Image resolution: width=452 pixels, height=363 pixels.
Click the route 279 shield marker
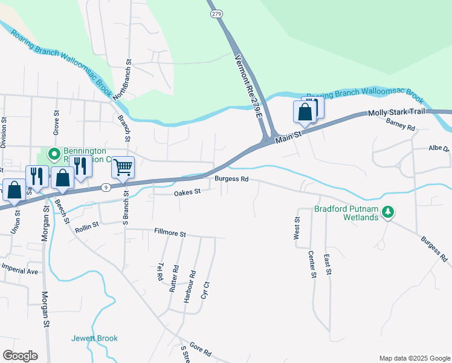[x=215, y=15]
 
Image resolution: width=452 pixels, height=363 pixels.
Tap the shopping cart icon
[x=123, y=166]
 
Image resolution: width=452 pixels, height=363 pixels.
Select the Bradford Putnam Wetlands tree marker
[x=389, y=212]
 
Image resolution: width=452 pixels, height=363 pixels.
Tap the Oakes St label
[x=187, y=192]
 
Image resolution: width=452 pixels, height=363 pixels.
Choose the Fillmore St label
[x=170, y=232]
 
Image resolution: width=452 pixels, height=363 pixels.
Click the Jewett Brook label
[x=94, y=338]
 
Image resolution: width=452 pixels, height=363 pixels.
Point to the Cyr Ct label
[x=207, y=292]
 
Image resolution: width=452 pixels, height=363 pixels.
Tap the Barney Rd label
[x=400, y=125]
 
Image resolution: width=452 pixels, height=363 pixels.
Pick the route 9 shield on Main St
[x=106, y=188]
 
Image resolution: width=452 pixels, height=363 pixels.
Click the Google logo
[x=20, y=356]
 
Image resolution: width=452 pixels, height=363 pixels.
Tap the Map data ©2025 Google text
[x=415, y=358]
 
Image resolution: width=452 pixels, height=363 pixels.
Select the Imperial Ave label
[x=19, y=270]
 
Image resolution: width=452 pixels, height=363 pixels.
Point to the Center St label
[x=312, y=264]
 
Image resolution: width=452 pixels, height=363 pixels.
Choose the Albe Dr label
[x=439, y=148]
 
